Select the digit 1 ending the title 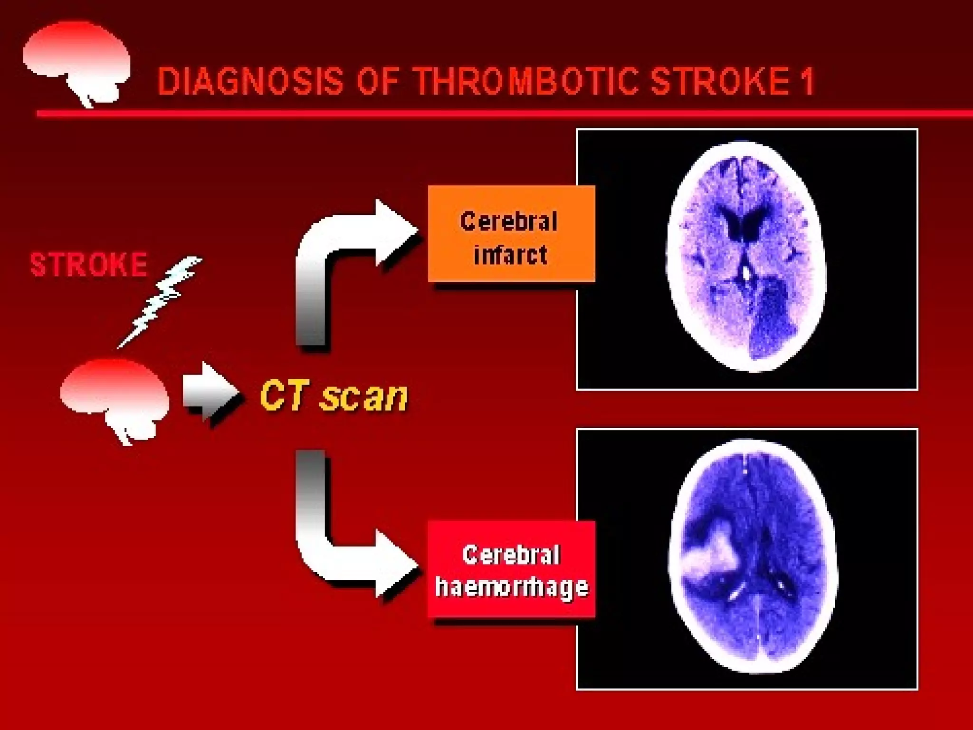click(x=807, y=82)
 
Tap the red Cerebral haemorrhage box click(x=511, y=569)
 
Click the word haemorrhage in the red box click(x=512, y=586)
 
